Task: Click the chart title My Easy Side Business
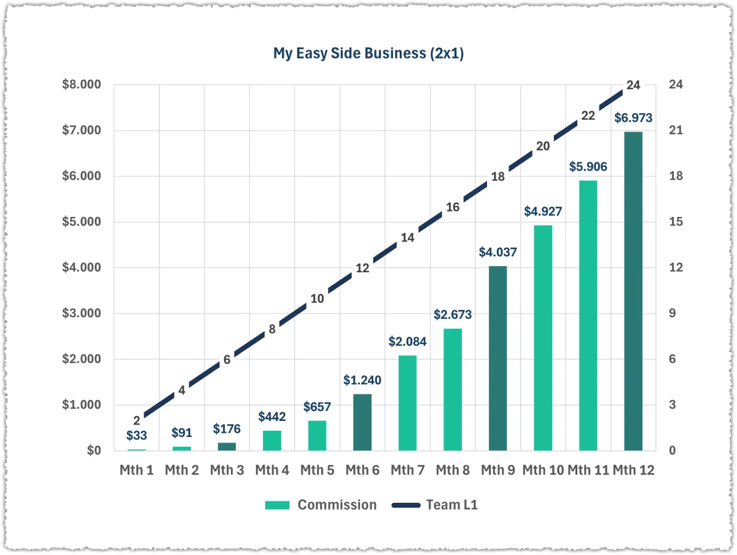368,53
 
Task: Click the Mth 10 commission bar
543,337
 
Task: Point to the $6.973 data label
633,118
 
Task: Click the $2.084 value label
407,342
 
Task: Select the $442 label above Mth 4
271,417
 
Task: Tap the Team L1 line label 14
407,238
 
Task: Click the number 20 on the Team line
543,146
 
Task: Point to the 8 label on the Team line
272,329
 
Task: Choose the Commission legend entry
321,505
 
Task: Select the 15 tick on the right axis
676,222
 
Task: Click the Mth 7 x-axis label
407,470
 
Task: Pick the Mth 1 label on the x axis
136,470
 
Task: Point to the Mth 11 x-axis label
588,470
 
